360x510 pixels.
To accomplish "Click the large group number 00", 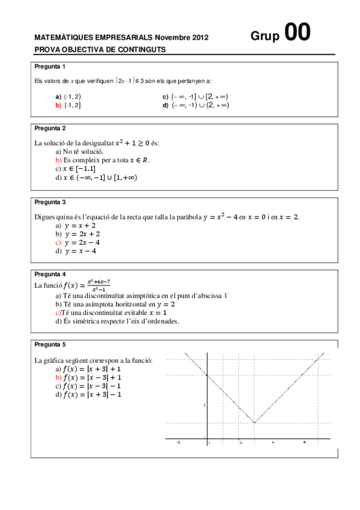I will pyautogui.click(x=297, y=33).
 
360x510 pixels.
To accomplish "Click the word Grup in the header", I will pyautogui.click(x=265, y=37).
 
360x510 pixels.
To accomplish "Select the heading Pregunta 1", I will pyautogui.click(x=50, y=66).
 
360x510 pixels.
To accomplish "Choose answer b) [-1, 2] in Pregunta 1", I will pyautogui.click(x=68, y=105).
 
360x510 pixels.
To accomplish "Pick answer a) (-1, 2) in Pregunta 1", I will pyautogui.click(x=68, y=96).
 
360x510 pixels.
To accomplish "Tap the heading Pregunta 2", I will pyautogui.click(x=50, y=128).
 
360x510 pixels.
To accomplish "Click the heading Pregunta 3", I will pyautogui.click(x=50, y=202).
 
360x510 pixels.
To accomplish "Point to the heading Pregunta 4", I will pyautogui.click(x=50, y=274).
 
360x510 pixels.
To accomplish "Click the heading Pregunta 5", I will pyautogui.click(x=50, y=345).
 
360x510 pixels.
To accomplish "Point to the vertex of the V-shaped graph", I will pyautogui.click(x=254, y=423).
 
